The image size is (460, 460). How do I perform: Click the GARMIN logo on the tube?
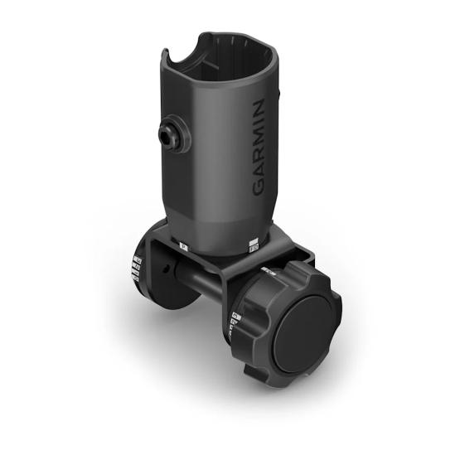click(259, 148)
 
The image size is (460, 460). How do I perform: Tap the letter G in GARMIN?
click(259, 187)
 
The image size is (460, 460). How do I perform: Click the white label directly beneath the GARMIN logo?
click(253, 245)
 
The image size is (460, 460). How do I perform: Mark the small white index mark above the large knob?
click(268, 271)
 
